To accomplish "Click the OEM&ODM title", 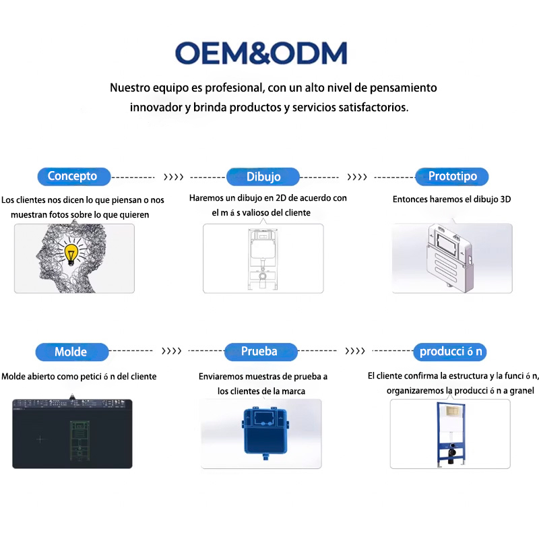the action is [x=261, y=53].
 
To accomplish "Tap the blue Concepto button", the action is [x=74, y=177].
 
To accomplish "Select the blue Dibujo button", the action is [x=263, y=177].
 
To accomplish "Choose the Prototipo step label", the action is [x=452, y=177].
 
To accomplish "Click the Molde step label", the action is [x=72, y=352].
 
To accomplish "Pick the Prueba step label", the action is [x=261, y=352].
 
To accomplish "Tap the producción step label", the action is [x=450, y=352].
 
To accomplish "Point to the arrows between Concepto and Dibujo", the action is [x=173, y=177].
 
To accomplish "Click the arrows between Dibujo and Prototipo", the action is [x=357, y=177].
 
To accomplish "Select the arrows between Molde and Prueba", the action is [x=171, y=351].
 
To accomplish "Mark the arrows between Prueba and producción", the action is [x=355, y=351].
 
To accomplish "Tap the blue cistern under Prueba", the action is [x=265, y=433].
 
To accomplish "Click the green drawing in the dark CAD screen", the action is [x=80, y=441].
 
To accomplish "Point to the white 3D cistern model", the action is [x=449, y=258].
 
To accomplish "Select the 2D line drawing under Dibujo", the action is [x=263, y=259].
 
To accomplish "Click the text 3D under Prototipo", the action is [x=505, y=199].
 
